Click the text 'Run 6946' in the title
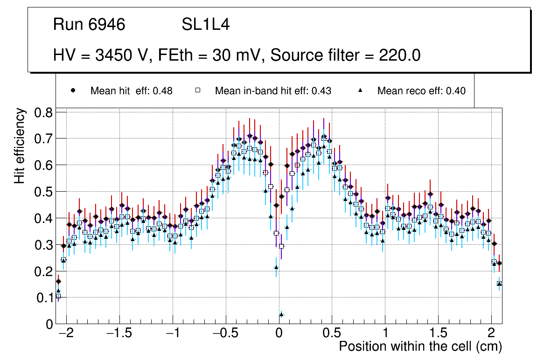click(89, 25)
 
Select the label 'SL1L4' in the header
click(205, 25)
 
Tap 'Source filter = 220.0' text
click(345, 55)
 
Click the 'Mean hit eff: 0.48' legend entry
click(131, 91)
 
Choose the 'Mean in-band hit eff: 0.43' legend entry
click(273, 91)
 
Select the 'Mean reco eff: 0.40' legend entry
click(421, 91)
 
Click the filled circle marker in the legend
click(73, 90)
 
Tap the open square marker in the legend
click(197, 90)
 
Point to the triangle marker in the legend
click(360, 90)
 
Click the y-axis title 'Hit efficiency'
click(20, 145)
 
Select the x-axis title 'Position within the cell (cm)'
click(420, 346)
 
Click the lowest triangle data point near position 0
click(281, 315)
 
